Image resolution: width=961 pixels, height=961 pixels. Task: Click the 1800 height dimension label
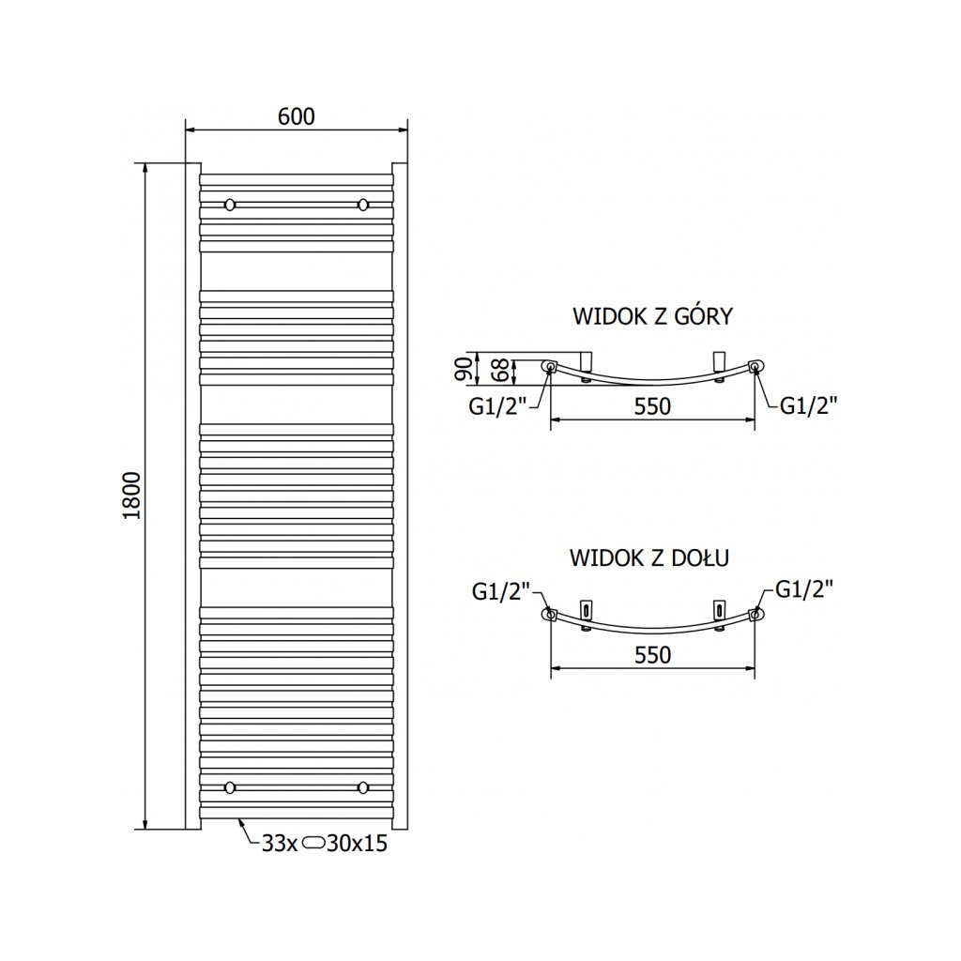click(131, 496)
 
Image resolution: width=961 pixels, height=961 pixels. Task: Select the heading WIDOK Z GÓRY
click(652, 316)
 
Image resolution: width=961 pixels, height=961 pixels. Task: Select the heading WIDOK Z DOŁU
click(650, 557)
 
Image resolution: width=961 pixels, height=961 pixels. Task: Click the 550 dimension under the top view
click(652, 406)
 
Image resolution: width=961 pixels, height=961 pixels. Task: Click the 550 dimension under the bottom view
click(652, 654)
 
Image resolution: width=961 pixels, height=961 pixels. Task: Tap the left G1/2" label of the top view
click(501, 404)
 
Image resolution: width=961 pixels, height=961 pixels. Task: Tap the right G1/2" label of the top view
click(808, 404)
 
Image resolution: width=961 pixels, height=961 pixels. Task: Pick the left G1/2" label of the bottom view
click(501, 591)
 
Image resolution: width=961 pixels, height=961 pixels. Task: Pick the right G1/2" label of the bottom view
click(804, 588)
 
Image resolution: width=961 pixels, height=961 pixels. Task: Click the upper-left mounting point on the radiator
click(229, 204)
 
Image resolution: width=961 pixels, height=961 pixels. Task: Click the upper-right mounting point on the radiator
click(363, 204)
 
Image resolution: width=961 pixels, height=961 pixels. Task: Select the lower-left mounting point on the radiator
click(229, 786)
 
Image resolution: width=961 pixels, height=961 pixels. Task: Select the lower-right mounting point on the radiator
click(363, 786)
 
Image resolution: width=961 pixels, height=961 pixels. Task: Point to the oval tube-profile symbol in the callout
click(313, 844)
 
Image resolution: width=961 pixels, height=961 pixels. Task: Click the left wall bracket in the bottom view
click(587, 609)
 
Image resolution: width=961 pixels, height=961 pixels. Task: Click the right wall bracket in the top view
click(720, 361)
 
